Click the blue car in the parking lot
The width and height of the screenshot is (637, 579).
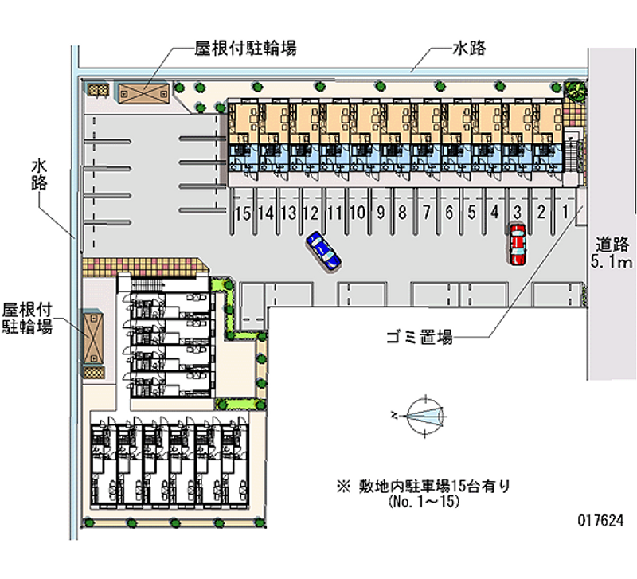[x=323, y=249]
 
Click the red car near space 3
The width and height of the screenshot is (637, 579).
[x=518, y=243]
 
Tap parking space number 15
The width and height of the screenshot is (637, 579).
[x=244, y=212]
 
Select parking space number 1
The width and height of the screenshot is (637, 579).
[x=565, y=212]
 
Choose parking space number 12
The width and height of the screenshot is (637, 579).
[x=311, y=212]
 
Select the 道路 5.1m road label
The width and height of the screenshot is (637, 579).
[x=612, y=252]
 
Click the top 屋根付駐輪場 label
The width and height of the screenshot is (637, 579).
[x=246, y=49]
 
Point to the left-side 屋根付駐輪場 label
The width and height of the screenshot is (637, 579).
[x=28, y=317]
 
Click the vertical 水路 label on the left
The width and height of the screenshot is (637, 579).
[x=40, y=174]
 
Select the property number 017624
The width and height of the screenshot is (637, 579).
[x=600, y=518]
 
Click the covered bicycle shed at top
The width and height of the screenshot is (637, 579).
[x=143, y=92]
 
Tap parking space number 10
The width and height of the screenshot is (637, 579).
[x=358, y=212]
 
